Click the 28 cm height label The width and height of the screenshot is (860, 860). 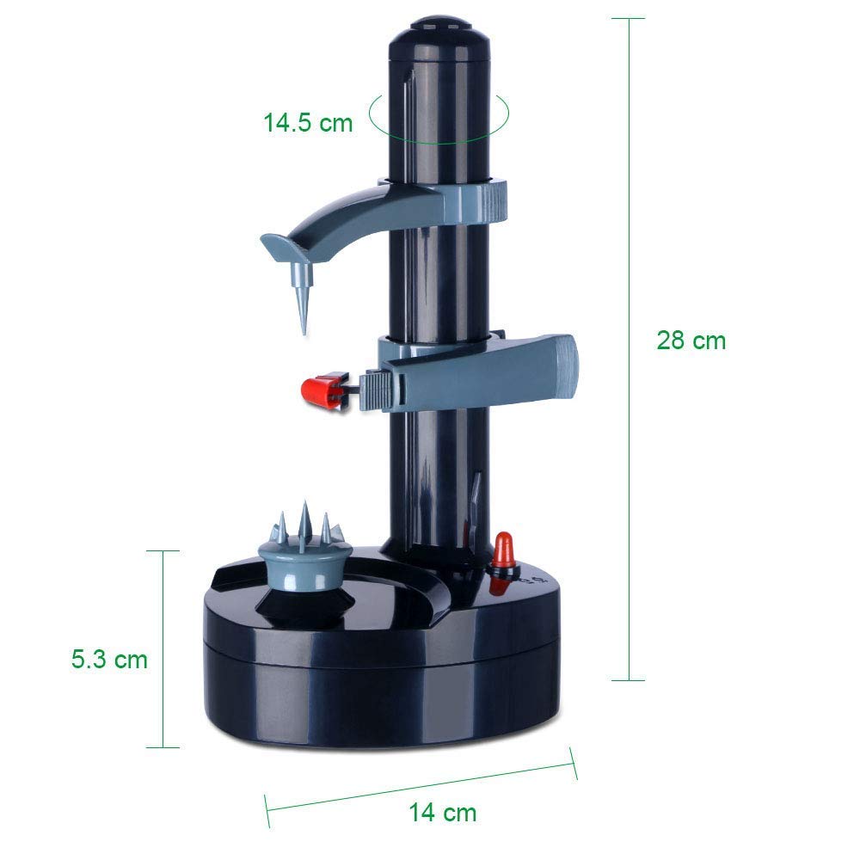pyautogui.click(x=691, y=341)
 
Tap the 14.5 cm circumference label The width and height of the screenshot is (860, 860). pyautogui.click(x=308, y=122)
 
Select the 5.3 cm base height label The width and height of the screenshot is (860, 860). pyautogui.click(x=110, y=659)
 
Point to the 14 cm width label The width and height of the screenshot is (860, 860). pyautogui.click(x=443, y=813)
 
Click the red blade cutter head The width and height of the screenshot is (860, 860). pyautogui.click(x=325, y=390)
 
